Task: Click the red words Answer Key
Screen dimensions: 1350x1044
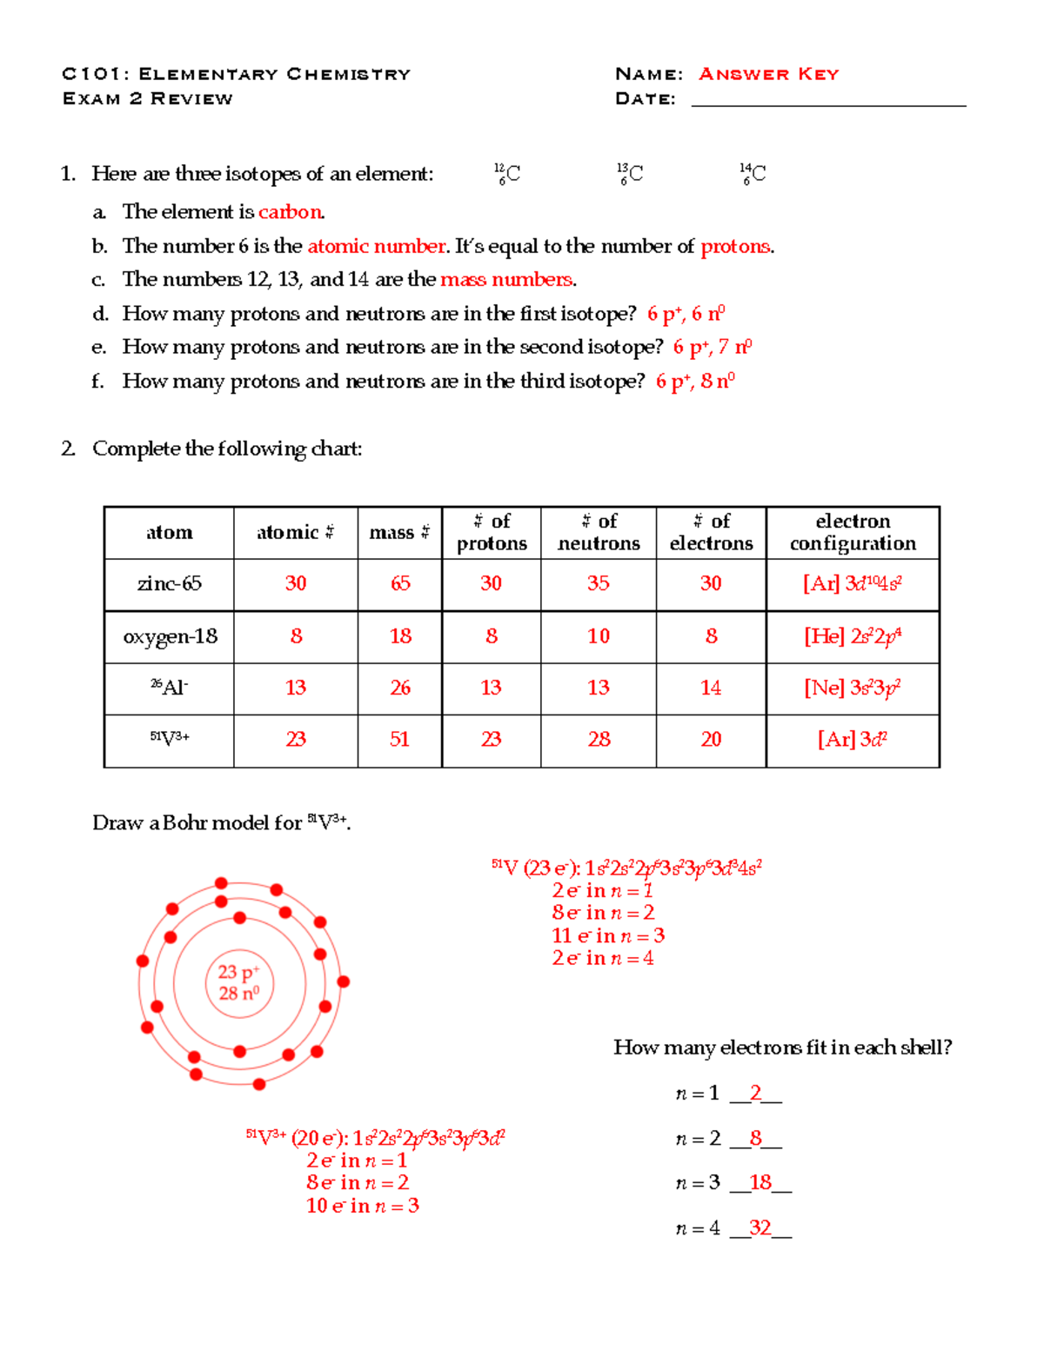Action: click(768, 74)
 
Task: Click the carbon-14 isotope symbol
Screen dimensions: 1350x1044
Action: click(753, 174)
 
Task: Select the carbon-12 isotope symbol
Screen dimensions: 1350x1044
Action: click(507, 174)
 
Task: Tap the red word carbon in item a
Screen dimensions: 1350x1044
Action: click(290, 212)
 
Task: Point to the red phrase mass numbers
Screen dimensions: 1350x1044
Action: click(506, 279)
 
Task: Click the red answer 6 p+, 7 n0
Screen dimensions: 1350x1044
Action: click(712, 348)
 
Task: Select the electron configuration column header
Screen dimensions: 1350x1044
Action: click(853, 532)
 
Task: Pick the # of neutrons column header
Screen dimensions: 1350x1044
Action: click(599, 532)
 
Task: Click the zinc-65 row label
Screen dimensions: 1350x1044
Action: click(169, 583)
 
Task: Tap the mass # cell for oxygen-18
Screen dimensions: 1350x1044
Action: click(400, 636)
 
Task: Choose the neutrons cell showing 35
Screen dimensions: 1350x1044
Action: click(598, 583)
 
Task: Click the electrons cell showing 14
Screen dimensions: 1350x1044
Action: click(711, 688)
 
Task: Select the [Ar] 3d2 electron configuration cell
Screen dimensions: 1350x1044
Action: click(852, 740)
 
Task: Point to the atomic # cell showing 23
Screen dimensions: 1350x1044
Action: click(296, 740)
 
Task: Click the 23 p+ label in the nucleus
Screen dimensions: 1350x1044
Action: click(238, 972)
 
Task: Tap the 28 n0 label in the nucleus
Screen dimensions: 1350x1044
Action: click(238, 994)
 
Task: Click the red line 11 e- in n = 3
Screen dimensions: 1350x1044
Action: click(607, 936)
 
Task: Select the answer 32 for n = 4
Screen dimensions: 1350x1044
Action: click(760, 1227)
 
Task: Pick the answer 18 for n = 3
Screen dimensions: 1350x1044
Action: click(760, 1182)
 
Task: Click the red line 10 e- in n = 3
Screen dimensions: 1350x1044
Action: click(362, 1206)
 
